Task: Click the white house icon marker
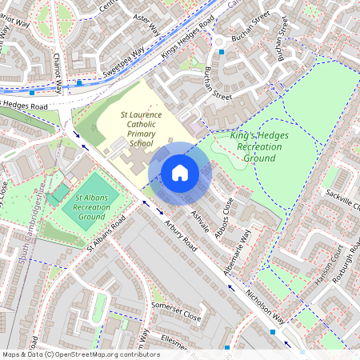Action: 180,173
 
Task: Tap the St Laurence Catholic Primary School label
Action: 142,130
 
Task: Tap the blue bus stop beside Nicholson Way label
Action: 273,331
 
